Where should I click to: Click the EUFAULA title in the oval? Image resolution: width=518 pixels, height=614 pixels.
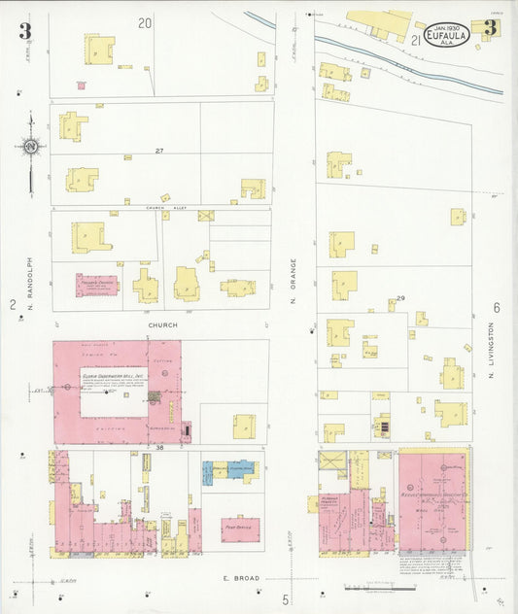point(447,36)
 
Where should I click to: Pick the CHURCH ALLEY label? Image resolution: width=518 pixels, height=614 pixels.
point(160,207)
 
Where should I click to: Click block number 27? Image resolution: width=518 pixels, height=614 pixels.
point(159,151)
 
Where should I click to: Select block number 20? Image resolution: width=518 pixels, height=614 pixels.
point(145,22)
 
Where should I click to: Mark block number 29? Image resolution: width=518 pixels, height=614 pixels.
point(399,297)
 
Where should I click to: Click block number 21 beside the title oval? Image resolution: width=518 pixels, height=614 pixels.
point(415,40)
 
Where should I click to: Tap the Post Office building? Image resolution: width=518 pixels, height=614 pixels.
point(240,529)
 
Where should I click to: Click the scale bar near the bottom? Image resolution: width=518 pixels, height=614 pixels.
point(380,587)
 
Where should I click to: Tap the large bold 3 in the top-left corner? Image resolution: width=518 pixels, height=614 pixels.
point(24,31)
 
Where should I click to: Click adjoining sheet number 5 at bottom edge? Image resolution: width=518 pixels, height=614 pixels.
point(286,599)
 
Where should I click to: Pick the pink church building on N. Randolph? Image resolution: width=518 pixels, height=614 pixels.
point(96,285)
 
